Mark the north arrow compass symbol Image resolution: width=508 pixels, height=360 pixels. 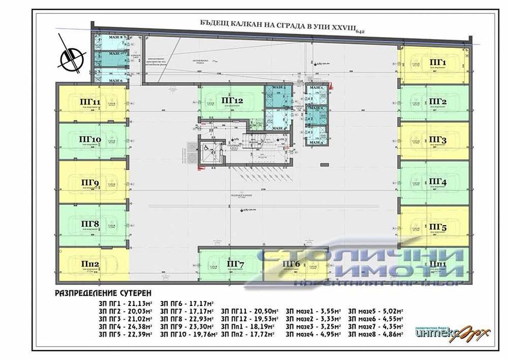click(70, 57)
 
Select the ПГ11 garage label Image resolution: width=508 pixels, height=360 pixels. click(90, 101)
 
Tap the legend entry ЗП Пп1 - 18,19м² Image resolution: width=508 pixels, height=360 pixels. click(249, 327)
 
